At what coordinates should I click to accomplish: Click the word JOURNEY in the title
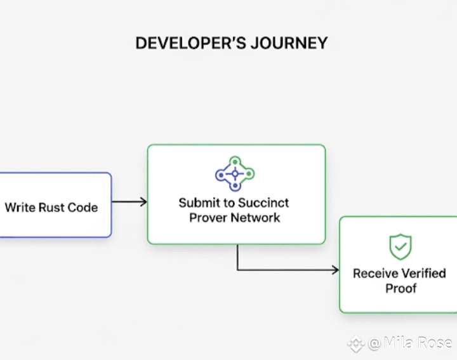(x=289, y=43)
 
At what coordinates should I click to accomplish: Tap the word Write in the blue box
(x=20, y=208)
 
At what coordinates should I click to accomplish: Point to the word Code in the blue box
(x=83, y=208)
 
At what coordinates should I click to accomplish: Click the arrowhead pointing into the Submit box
(x=143, y=202)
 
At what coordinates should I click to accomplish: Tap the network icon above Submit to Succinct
(x=235, y=174)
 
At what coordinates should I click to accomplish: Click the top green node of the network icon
(x=235, y=162)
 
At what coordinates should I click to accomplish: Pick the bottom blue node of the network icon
(x=235, y=185)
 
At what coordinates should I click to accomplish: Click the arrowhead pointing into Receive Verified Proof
(x=335, y=270)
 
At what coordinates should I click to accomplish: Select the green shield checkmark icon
(x=401, y=246)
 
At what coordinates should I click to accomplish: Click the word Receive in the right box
(x=371, y=274)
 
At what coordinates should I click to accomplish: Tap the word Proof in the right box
(x=401, y=288)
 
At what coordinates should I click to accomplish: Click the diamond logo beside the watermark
(x=356, y=343)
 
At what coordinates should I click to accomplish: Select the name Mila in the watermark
(x=399, y=342)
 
